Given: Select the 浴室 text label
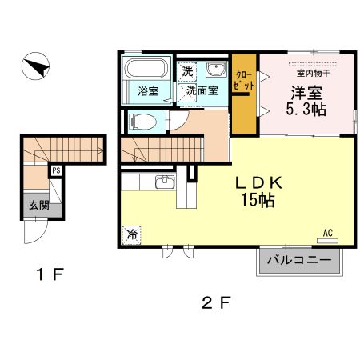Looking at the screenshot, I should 147,91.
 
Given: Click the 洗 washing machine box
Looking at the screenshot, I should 186,70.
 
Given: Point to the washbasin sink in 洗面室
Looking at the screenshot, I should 216,69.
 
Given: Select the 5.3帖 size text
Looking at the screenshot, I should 305,109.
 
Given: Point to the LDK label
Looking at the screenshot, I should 256,182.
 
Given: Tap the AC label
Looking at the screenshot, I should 327,233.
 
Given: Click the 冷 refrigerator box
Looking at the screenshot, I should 130,236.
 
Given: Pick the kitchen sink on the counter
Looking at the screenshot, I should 164,181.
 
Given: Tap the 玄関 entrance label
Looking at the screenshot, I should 38,205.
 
